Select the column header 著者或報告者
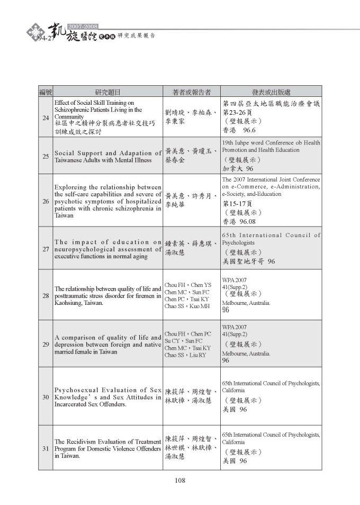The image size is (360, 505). (192, 91)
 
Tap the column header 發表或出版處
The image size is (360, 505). (270, 91)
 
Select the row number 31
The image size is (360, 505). (46, 448)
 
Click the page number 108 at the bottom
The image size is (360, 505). (179, 481)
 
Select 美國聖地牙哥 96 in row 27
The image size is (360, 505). (249, 261)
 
